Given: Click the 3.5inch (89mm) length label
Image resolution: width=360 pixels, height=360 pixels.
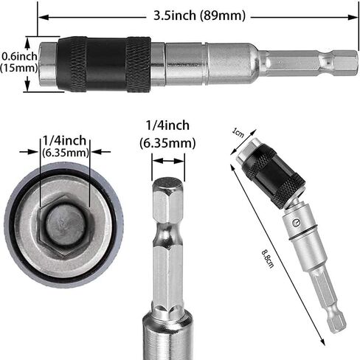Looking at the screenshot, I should click(x=200, y=15).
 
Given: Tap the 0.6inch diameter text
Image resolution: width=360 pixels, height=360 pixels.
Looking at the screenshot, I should click(x=18, y=55).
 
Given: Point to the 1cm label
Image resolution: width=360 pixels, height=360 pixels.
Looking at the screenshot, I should click(x=237, y=133).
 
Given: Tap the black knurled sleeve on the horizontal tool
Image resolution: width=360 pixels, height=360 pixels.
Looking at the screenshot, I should click(x=103, y=63).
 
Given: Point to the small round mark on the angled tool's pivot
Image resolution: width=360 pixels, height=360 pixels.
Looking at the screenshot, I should click(x=297, y=220).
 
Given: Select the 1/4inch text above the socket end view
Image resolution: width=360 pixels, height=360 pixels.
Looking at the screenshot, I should click(x=66, y=139).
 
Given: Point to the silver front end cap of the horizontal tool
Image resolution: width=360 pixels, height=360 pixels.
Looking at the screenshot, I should click(x=49, y=64).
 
